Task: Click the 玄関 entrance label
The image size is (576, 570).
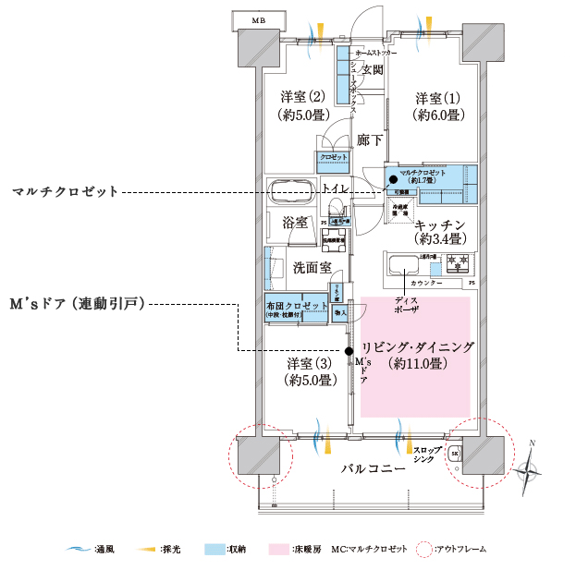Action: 373,69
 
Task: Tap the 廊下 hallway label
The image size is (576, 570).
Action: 370,139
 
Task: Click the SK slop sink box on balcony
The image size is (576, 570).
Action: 455,454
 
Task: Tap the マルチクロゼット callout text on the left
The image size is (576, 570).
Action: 65,192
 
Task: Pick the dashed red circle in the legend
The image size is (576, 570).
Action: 424,550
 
